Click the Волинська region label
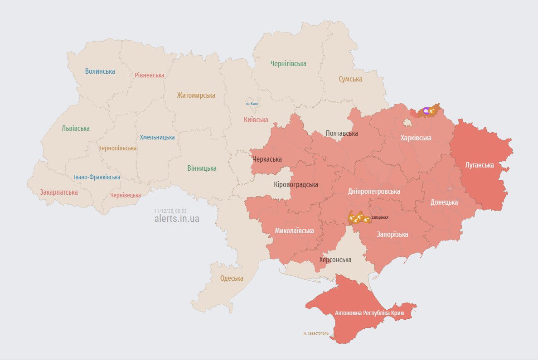tap(100, 71)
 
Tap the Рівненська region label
tap(149, 75)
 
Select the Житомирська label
tap(196, 95)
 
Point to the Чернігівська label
tap(288, 64)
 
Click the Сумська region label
tap(350, 79)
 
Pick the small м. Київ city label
tap(252, 104)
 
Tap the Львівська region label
tap(76, 128)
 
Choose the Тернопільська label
tap(118, 148)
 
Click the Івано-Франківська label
tap(97, 177)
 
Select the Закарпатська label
tap(59, 192)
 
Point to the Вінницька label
tap(202, 168)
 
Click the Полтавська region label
tap(342, 133)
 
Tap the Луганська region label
tap(480, 165)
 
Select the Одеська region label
tap(232, 278)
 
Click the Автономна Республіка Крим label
tap(369, 313)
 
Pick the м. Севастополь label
tap(316, 333)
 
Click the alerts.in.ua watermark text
tap(177, 219)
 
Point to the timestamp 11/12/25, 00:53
tap(170, 211)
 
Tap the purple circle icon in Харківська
tap(426, 110)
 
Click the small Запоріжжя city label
tap(380, 217)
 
